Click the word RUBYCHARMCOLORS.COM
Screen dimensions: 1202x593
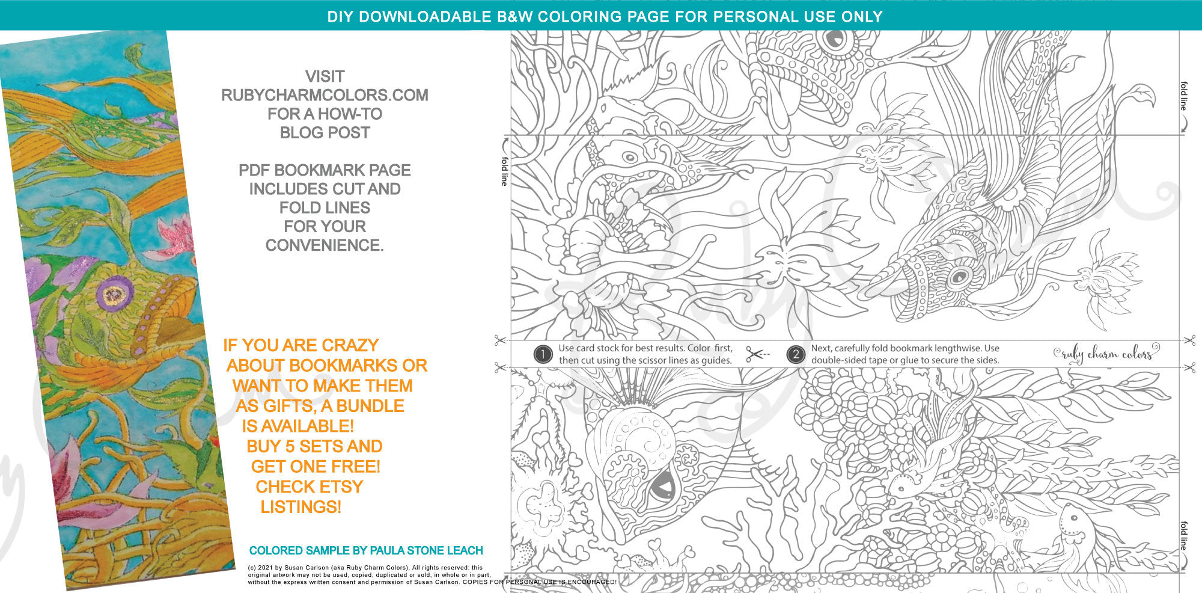325,95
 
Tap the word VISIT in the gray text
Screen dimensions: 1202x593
325,76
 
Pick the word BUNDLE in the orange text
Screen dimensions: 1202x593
371,406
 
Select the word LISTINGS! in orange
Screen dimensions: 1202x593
301,507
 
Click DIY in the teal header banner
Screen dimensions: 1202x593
339,17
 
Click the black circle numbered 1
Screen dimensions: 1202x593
543,355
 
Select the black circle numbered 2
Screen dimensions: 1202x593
795,355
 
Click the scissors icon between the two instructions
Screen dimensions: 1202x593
757,354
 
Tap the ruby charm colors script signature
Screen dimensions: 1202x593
1106,354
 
